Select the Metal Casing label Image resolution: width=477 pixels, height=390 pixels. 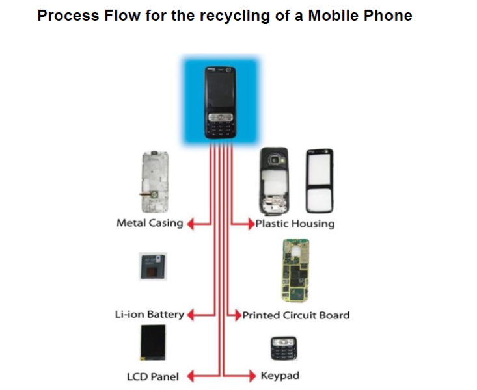tap(150, 223)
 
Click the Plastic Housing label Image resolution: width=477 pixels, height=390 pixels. tap(295, 224)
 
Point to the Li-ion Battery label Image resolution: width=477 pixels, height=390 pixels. tap(150, 315)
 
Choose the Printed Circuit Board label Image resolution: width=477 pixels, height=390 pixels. tap(296, 315)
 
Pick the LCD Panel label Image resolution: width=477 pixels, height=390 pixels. tap(153, 377)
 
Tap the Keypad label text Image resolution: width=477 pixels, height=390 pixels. tap(280, 376)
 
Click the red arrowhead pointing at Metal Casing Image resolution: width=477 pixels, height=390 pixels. tap(191, 224)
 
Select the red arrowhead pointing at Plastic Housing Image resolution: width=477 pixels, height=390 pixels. tap(251, 224)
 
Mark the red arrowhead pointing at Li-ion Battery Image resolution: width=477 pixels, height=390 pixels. tap(191, 315)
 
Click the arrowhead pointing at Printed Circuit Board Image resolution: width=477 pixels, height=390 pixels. tap(238, 315)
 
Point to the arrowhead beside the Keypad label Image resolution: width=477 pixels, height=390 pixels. tap(252, 376)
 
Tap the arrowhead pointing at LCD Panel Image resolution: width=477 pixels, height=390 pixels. tap(191, 376)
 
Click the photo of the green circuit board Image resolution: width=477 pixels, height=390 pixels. tap(295, 270)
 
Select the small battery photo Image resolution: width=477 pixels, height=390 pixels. tap(153, 266)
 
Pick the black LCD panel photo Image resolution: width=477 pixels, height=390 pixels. tap(153, 343)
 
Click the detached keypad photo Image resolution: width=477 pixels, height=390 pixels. tap(284, 348)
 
